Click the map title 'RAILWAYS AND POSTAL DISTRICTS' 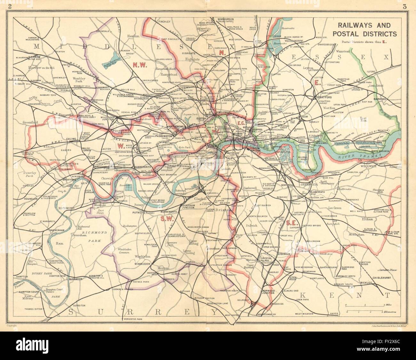(364, 29)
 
